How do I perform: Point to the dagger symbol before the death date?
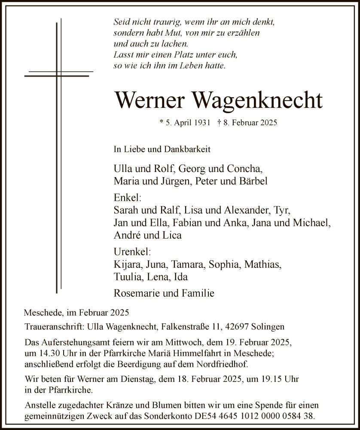(x=219, y=123)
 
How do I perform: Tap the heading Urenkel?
(x=132, y=252)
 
